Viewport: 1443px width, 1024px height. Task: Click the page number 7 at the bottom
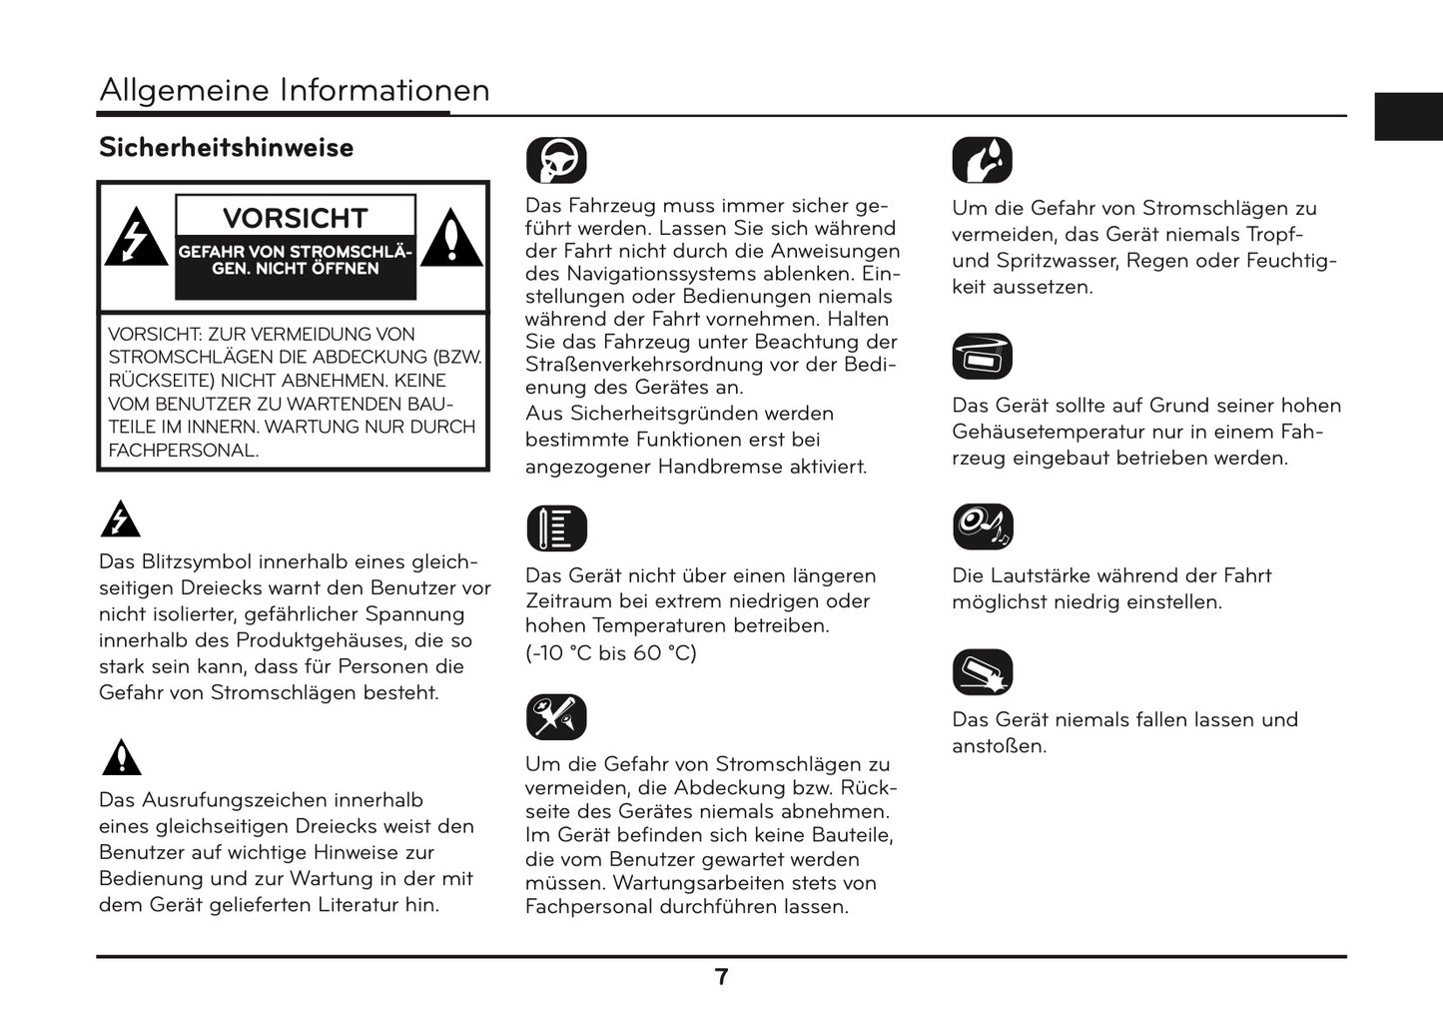[722, 977]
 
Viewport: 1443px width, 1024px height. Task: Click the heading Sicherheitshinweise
[226, 148]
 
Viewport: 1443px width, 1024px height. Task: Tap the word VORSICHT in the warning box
[295, 218]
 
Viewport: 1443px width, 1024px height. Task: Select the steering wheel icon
[556, 160]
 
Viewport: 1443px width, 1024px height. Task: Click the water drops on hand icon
[983, 160]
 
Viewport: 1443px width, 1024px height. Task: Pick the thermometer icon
[556, 528]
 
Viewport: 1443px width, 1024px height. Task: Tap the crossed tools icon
[556, 717]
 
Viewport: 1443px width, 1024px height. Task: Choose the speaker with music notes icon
[983, 526]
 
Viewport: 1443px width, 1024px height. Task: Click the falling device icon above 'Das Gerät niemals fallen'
[983, 672]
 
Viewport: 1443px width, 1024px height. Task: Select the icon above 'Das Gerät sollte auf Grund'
[983, 357]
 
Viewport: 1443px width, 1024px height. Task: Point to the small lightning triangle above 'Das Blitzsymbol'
[121, 519]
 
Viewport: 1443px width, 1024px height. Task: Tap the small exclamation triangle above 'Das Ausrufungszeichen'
[121, 758]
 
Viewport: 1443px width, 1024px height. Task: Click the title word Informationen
[384, 90]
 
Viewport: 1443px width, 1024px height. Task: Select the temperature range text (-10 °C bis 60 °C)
[611, 653]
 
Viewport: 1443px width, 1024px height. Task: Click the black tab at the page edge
[1408, 117]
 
